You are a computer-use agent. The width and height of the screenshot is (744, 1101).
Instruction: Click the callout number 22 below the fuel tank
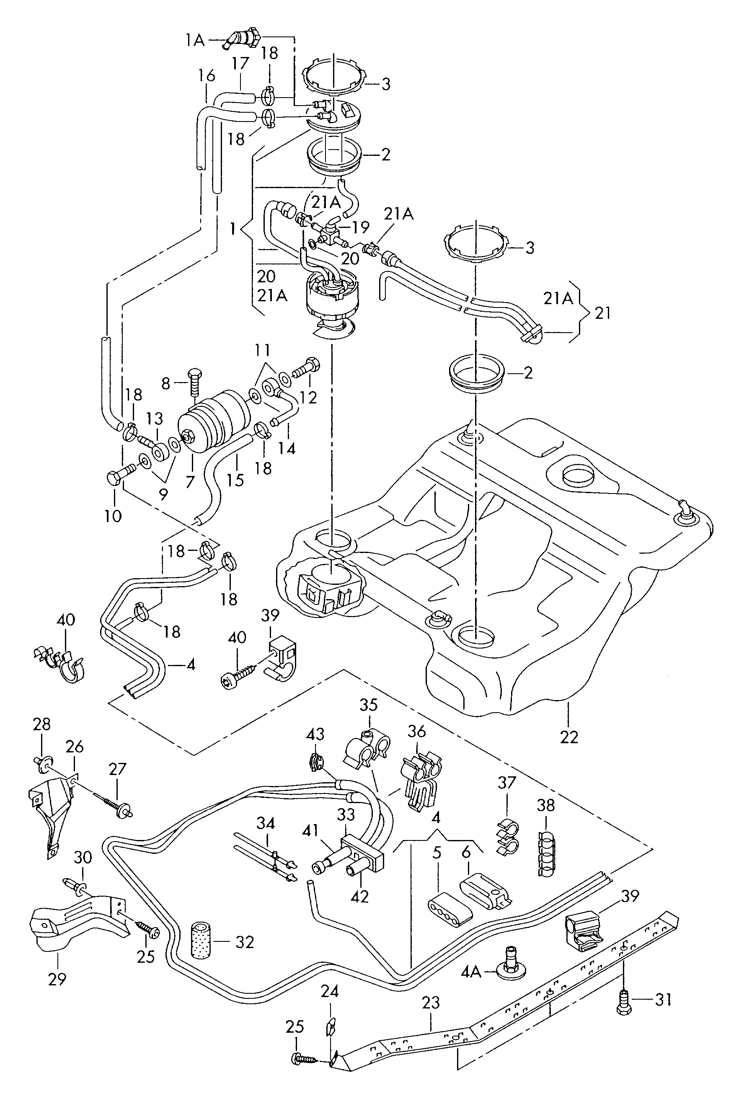[569, 737]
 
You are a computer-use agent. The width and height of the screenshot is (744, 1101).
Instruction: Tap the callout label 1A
[195, 41]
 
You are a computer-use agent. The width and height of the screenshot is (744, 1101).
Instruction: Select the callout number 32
[245, 942]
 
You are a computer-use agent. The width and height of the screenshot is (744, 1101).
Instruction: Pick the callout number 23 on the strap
[431, 1003]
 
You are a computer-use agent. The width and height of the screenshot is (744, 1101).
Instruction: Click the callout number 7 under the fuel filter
[190, 481]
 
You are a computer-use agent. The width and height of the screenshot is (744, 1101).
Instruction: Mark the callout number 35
[369, 718]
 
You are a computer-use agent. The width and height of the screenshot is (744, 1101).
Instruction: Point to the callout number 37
[506, 782]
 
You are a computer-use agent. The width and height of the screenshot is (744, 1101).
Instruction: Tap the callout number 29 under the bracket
[57, 979]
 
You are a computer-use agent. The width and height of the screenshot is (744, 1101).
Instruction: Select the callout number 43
[315, 734]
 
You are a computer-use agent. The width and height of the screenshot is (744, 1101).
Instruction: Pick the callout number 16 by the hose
[207, 76]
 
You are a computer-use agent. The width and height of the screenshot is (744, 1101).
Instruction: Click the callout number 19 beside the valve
[361, 227]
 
